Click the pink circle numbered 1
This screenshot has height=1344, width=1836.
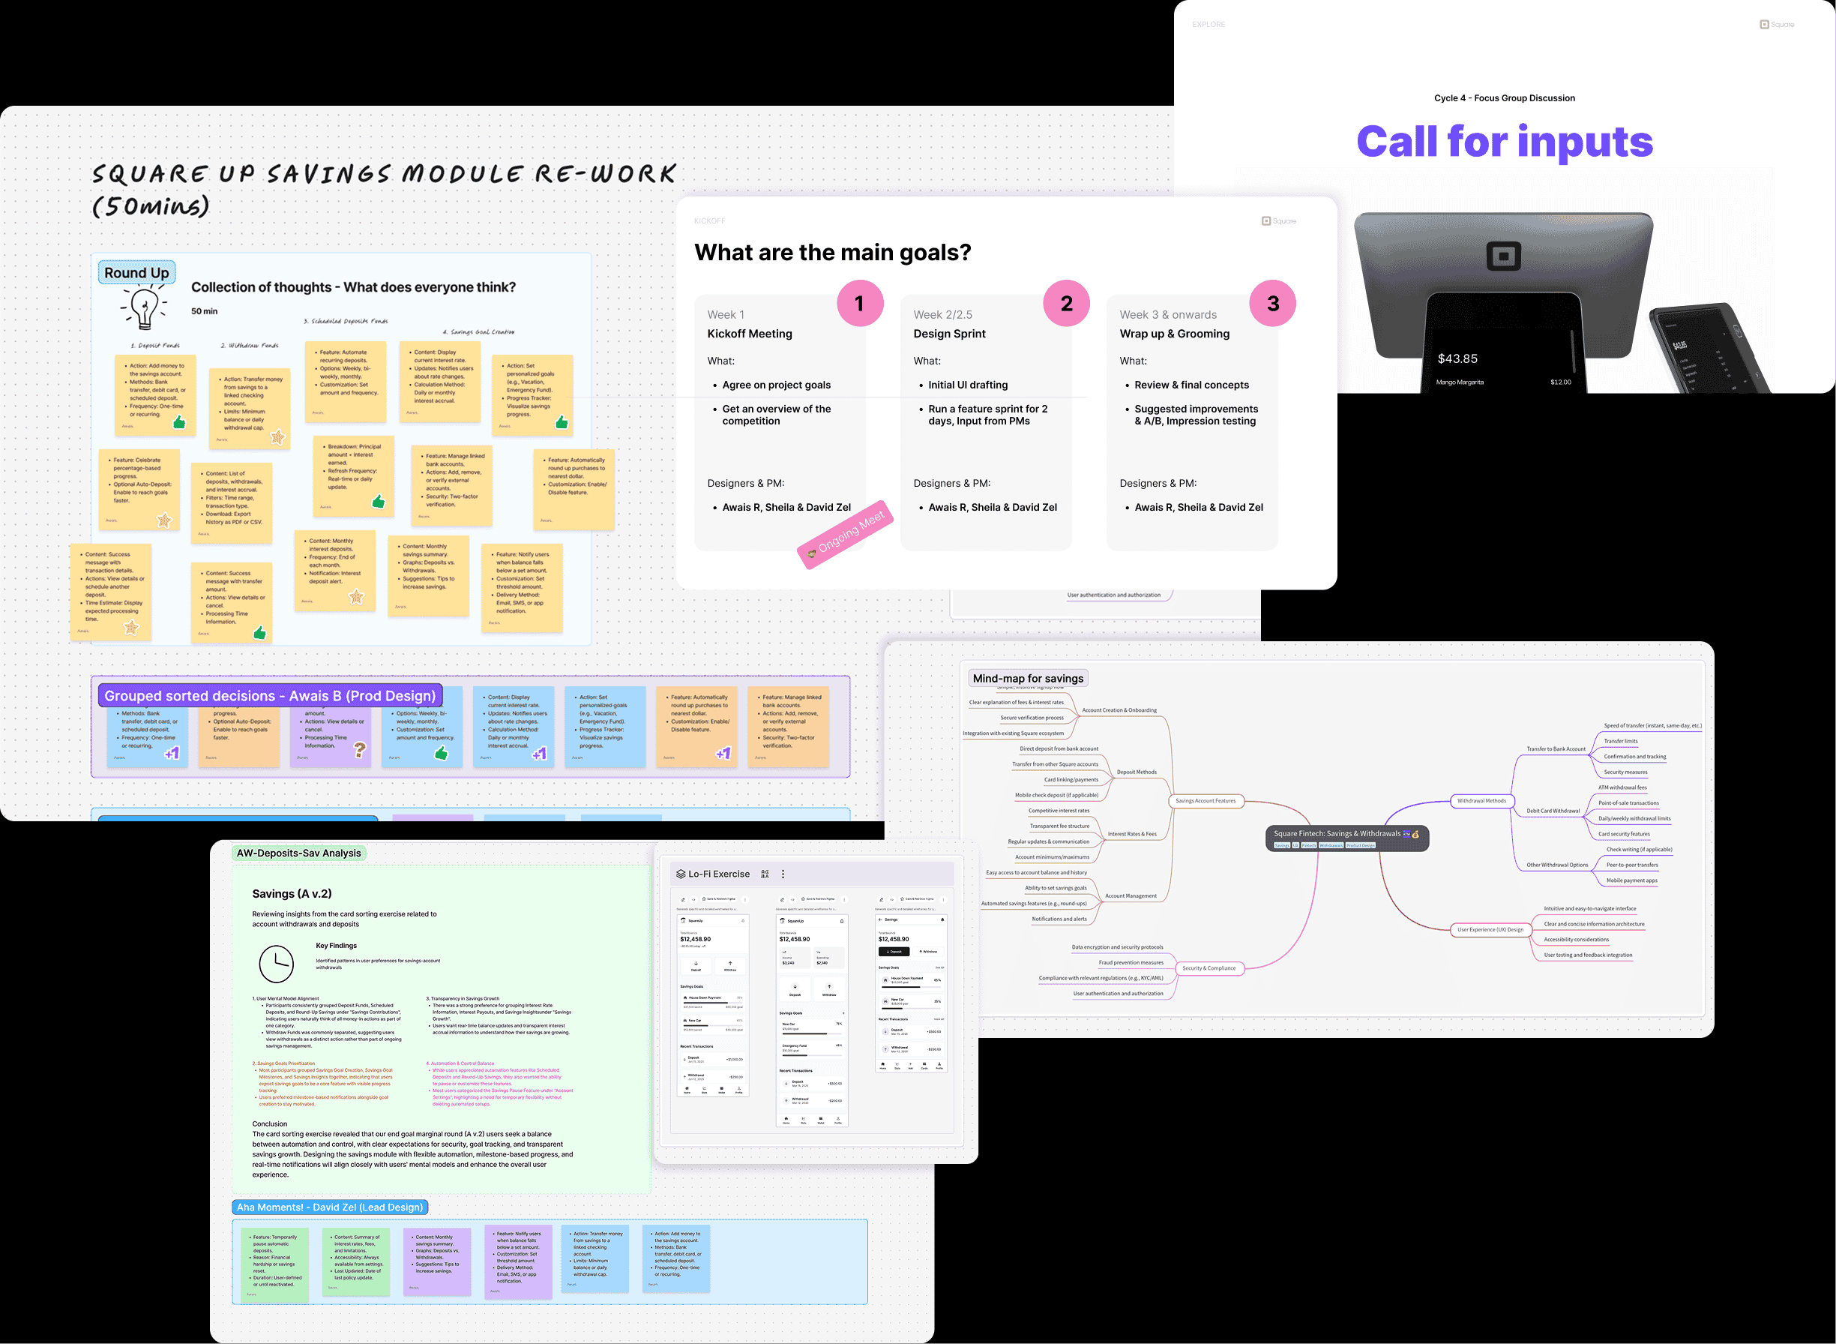(x=859, y=304)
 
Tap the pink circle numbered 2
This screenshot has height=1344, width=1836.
(x=1066, y=304)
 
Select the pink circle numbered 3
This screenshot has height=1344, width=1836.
(x=1272, y=304)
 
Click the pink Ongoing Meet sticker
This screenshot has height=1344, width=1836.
(x=846, y=534)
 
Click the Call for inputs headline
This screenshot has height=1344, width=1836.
(x=1504, y=142)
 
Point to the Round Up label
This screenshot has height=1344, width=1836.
(x=136, y=272)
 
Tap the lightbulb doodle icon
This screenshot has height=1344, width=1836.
(x=144, y=308)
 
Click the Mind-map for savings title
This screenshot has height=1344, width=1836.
(x=1028, y=679)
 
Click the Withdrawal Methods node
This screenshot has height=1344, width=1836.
(x=1481, y=800)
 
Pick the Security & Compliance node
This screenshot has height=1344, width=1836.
(x=1209, y=968)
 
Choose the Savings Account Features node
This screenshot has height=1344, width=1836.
(x=1205, y=800)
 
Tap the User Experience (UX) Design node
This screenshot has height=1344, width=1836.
(x=1490, y=929)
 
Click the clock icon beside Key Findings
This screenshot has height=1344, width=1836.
(x=277, y=963)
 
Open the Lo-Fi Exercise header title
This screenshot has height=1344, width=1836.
(x=719, y=874)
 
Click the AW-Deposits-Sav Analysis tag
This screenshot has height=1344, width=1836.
(x=298, y=853)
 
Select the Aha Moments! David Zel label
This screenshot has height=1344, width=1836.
(x=330, y=1207)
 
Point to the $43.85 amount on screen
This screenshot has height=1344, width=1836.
(x=1457, y=358)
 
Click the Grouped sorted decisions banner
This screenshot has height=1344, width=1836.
(x=270, y=695)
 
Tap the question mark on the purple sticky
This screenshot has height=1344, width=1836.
(x=359, y=750)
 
